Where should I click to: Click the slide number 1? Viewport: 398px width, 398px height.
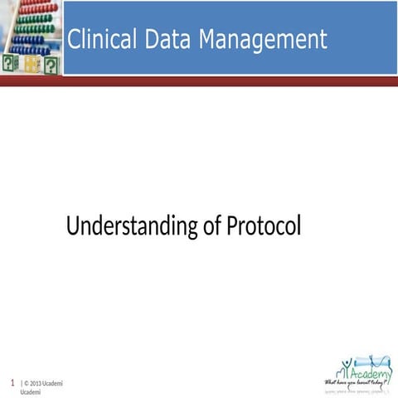click(12, 383)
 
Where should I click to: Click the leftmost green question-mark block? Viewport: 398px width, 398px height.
click(10, 64)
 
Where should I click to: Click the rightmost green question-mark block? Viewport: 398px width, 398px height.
click(52, 65)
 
